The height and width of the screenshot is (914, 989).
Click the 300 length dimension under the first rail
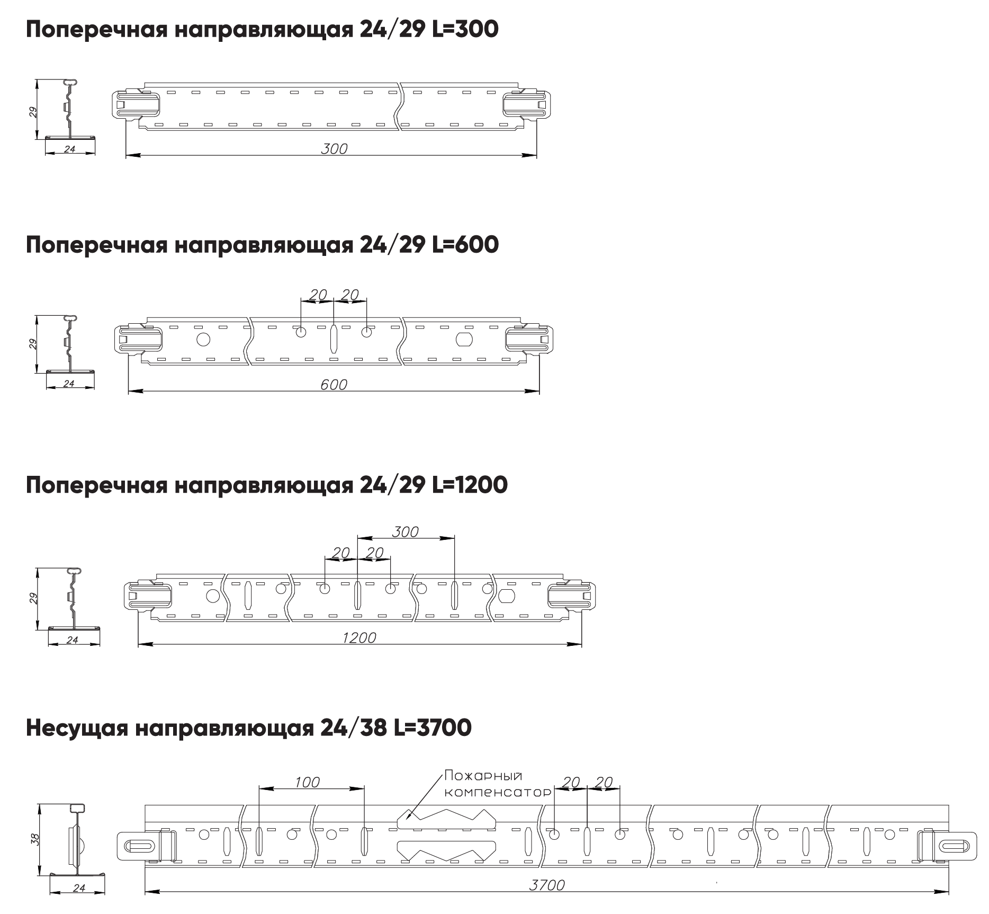point(334,149)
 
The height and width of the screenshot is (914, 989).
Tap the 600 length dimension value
point(334,385)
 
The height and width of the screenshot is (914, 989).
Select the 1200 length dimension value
point(359,637)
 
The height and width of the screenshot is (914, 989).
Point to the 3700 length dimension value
point(547,885)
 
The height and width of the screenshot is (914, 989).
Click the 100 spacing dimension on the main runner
point(308,782)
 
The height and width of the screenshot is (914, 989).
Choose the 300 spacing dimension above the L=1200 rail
point(406,531)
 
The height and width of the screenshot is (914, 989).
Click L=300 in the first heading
point(465,30)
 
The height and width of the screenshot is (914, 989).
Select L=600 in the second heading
point(466,245)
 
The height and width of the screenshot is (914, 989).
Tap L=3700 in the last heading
point(433,728)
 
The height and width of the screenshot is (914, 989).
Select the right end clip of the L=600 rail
point(529,339)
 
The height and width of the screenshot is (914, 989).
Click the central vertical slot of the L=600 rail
point(334,339)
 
